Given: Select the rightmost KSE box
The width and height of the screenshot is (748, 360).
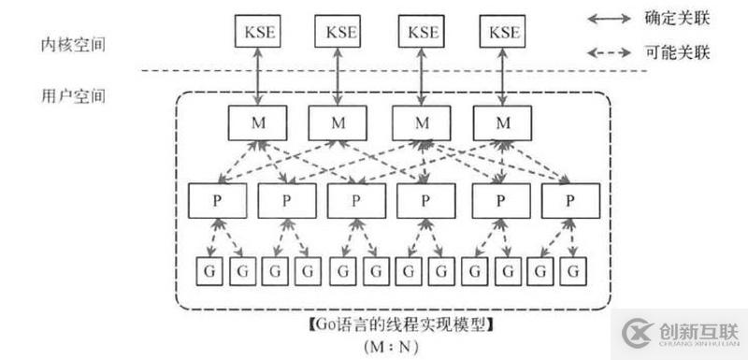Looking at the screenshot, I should point(503,33).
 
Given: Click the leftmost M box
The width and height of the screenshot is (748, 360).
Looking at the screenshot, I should point(256,123).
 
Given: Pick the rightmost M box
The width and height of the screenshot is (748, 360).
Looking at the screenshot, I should point(503,123).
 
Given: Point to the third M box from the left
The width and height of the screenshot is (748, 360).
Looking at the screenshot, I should point(421,123).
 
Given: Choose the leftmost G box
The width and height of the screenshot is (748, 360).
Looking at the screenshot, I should point(204,271).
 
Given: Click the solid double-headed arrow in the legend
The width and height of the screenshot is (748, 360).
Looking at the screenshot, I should point(612,18).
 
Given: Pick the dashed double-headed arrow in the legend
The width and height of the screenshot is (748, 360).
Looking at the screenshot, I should point(612,53).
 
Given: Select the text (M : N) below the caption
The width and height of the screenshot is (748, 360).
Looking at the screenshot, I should point(392,345).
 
